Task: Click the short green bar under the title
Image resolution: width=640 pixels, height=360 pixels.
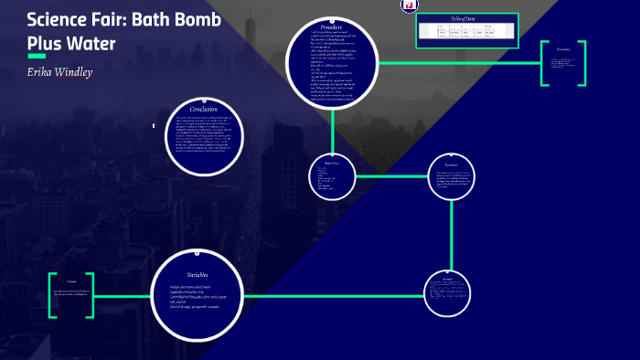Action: coord(37,56)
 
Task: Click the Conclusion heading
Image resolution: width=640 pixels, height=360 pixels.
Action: coord(203,109)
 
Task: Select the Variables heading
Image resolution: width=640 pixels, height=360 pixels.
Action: coord(197,274)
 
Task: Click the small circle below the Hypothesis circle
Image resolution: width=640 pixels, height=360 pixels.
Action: coord(448,291)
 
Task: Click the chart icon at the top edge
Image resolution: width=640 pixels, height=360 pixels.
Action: coord(409,5)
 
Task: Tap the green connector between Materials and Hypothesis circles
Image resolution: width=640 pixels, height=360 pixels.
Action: coord(391,175)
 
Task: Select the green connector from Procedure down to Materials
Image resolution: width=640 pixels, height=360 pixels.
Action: coord(332,129)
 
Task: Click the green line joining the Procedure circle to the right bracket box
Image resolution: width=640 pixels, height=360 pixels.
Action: coord(457,63)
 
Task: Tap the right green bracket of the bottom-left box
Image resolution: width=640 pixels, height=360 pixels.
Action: coord(91,296)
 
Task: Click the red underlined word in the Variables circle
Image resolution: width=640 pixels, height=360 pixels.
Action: coord(233,297)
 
